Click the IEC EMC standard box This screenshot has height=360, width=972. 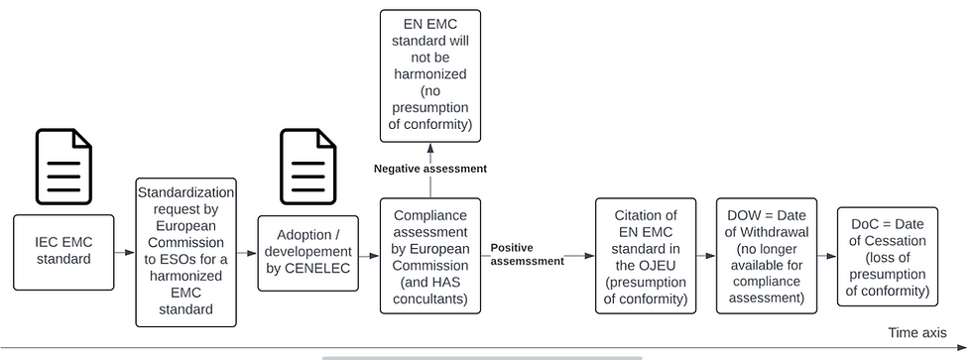click(62, 253)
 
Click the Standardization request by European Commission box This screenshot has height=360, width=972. click(185, 252)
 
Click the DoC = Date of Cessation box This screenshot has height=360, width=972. click(887, 255)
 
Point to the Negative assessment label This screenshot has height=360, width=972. click(429, 170)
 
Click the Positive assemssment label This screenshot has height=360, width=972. click(526, 254)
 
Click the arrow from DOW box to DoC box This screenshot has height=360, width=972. click(827, 255)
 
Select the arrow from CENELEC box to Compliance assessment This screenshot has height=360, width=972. click(369, 255)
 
